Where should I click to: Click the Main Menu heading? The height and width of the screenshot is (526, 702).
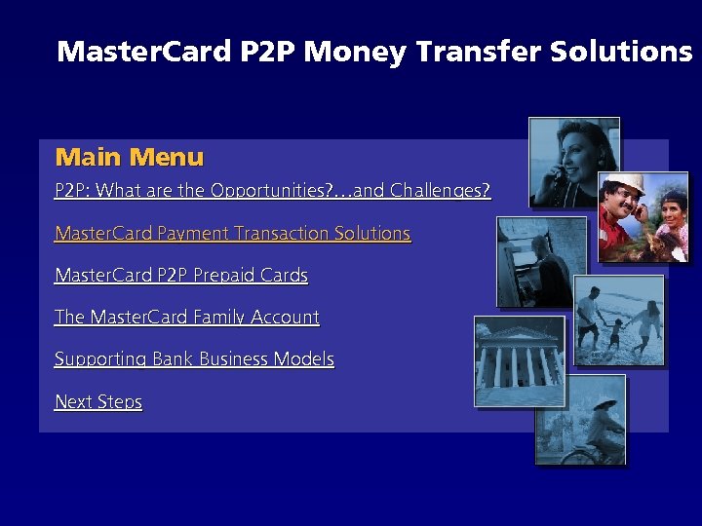click(x=130, y=157)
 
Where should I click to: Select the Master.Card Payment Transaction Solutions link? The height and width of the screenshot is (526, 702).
click(x=232, y=234)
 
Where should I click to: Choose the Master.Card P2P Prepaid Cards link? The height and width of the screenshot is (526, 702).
click(x=181, y=276)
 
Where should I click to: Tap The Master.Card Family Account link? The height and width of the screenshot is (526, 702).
click(x=187, y=318)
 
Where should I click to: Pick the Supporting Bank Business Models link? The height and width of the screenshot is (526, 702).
click(x=194, y=359)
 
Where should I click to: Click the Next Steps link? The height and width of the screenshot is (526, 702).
click(x=98, y=402)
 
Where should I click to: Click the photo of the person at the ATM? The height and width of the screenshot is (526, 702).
click(x=541, y=261)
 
